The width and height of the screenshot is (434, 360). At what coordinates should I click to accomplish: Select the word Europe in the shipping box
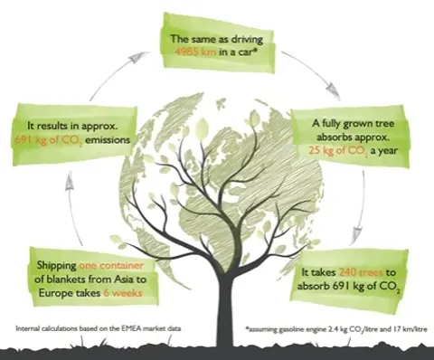(x=57, y=294)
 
